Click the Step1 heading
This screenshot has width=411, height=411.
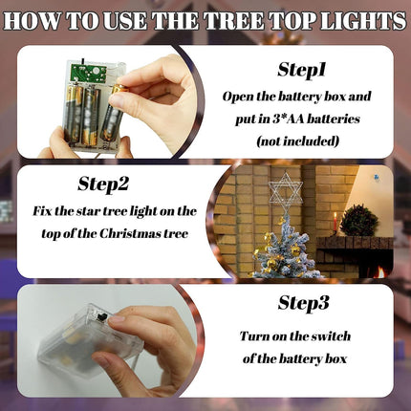pos(301,70)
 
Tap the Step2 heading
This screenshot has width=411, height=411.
pos(103,184)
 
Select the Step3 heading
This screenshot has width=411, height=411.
pos(303,302)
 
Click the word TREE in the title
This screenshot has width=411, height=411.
pos(234,21)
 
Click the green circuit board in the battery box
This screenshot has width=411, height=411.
pos(88,73)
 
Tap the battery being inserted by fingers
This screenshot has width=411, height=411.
pos(112,113)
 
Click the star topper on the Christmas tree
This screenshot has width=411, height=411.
pos(286,193)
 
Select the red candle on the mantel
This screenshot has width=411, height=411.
pos(335,222)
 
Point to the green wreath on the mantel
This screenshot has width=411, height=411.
pos(359,221)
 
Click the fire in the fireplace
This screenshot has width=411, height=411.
pos(380,271)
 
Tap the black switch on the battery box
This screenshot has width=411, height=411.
pos(103,316)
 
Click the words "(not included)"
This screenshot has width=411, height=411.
pos(297,141)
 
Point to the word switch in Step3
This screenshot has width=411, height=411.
pos(331,336)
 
